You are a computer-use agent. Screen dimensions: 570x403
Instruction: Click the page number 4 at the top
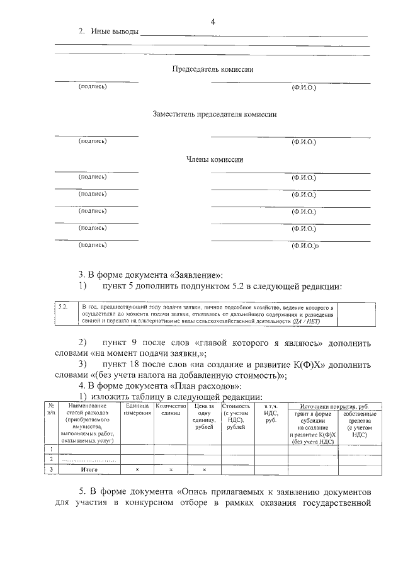point(213,23)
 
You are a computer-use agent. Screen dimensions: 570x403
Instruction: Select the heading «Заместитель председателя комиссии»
point(215,115)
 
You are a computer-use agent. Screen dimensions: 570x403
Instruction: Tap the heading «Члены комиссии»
point(215,159)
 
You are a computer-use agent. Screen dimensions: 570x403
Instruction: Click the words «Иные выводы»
point(114,32)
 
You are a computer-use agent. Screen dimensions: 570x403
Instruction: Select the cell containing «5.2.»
point(63,306)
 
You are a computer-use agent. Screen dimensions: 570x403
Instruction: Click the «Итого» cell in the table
point(89,470)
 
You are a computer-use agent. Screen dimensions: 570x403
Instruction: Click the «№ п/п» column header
point(52,410)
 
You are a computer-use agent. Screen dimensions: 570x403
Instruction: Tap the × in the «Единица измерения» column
point(137,470)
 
